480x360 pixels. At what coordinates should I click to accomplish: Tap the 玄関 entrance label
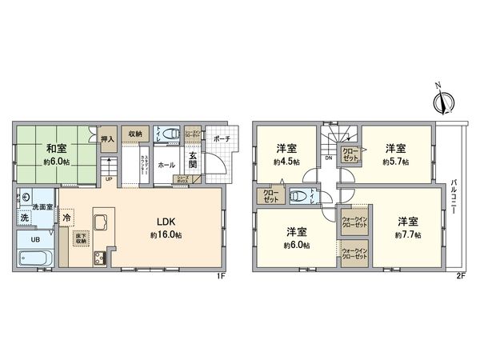[194, 159]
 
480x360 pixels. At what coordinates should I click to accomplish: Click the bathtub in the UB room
[34, 258]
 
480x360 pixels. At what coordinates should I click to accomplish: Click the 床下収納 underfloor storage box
[82, 238]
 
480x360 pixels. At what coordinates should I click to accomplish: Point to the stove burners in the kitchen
[101, 258]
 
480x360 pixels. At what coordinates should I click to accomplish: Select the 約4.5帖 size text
[287, 161]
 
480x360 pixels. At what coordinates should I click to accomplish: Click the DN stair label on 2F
[329, 158]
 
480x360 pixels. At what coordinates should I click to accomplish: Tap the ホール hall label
[166, 165]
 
